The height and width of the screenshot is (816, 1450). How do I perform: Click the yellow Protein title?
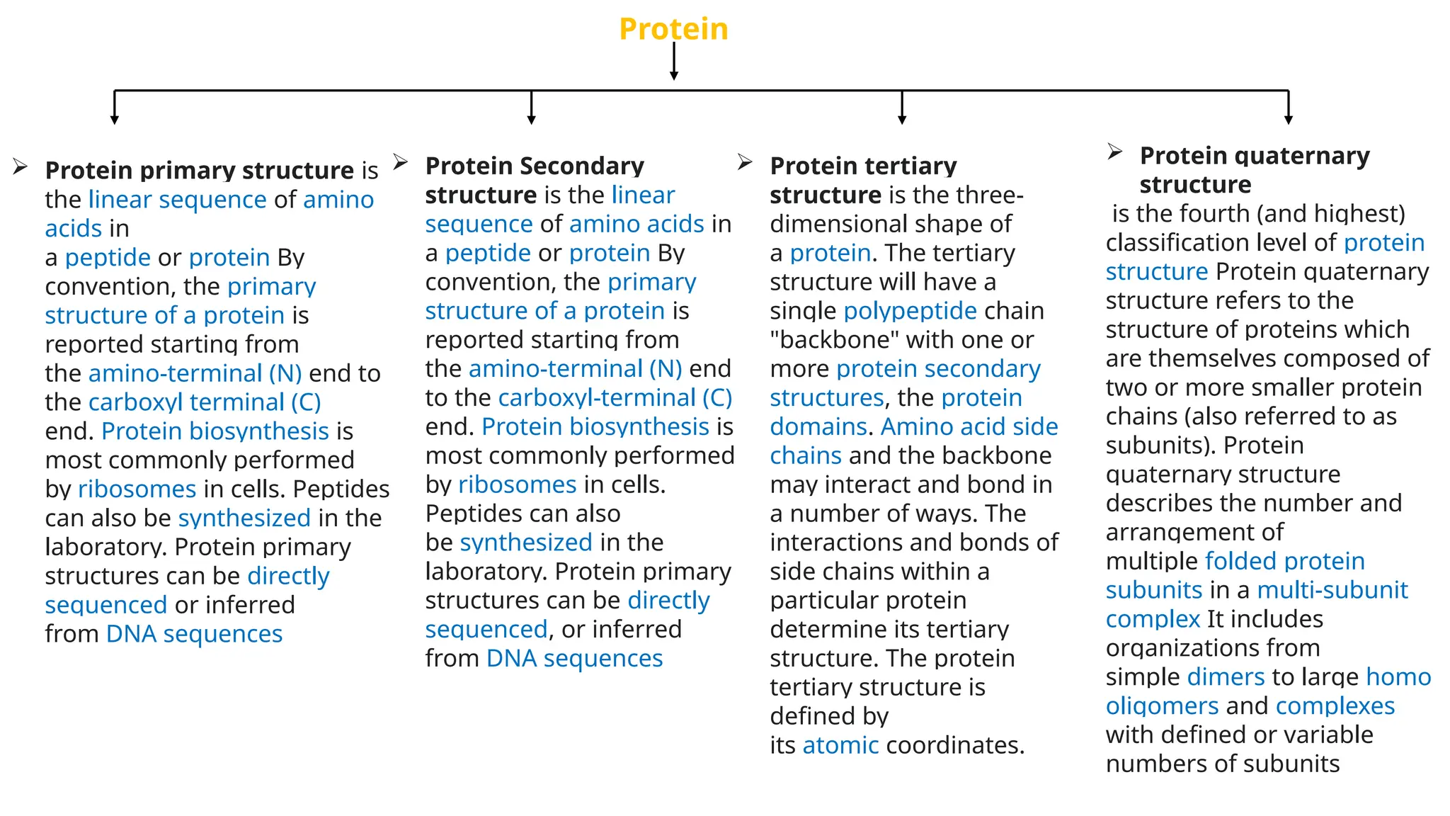click(x=673, y=29)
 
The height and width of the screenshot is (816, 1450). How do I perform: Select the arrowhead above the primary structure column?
click(x=115, y=119)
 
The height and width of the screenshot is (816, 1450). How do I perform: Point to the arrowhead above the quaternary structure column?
click(x=1289, y=119)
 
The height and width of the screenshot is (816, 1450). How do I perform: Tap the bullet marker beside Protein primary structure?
click(x=20, y=167)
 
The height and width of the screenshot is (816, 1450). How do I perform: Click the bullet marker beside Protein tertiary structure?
click(x=745, y=162)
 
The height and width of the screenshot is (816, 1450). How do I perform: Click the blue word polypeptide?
click(x=910, y=311)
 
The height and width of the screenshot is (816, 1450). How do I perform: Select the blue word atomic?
click(x=840, y=745)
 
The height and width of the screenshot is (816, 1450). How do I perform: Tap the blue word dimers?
click(x=1226, y=676)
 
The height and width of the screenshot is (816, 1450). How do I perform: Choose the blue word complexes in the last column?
click(x=1335, y=705)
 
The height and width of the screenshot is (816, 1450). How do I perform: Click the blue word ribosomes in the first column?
click(x=137, y=489)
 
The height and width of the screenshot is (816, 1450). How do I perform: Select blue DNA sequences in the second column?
click(x=574, y=658)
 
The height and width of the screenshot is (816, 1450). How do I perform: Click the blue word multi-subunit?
click(x=1332, y=589)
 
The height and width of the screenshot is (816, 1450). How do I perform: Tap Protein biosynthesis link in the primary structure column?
click(x=215, y=431)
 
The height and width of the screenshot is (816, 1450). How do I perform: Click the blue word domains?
click(x=818, y=426)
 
